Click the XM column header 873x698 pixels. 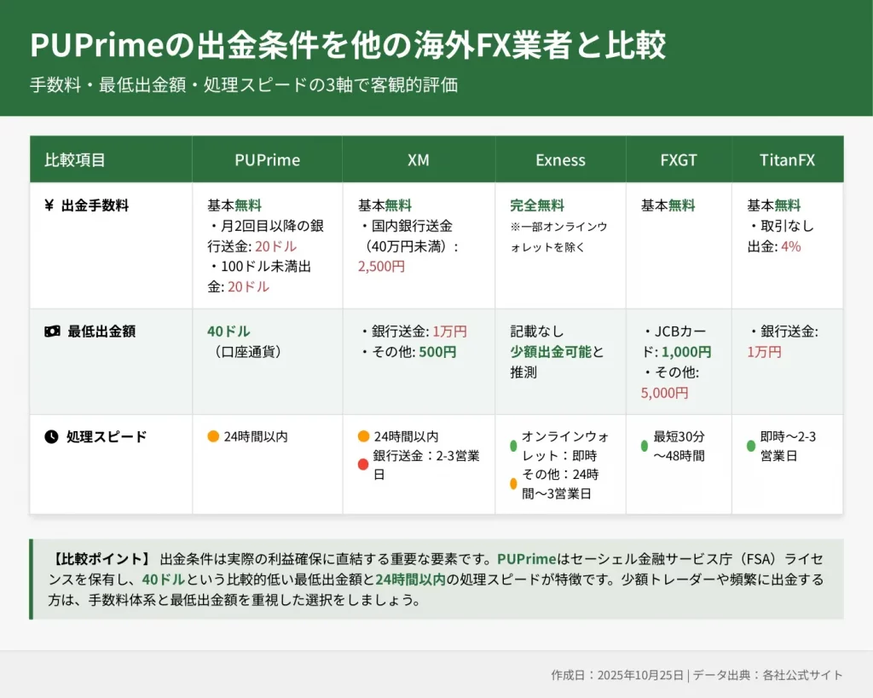(418, 160)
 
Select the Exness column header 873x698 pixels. (560, 160)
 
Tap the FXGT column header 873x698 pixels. (678, 160)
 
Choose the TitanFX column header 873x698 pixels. (787, 160)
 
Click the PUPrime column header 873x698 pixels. (267, 160)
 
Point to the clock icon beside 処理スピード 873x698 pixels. (51, 437)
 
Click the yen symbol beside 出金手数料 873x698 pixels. (49, 205)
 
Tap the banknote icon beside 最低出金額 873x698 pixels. (52, 332)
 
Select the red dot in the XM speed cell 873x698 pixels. (363, 464)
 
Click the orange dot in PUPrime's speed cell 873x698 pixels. (212, 436)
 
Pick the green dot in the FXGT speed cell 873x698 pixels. (645, 446)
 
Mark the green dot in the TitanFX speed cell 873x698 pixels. (750, 446)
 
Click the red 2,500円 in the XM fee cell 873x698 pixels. (381, 267)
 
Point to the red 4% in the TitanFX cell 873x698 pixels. (790, 246)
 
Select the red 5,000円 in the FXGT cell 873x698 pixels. (664, 393)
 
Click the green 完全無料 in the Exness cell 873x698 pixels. (537, 205)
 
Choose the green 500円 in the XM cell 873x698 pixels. (437, 352)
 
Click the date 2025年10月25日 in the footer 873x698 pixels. (640, 675)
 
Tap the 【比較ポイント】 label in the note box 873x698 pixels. (100, 559)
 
